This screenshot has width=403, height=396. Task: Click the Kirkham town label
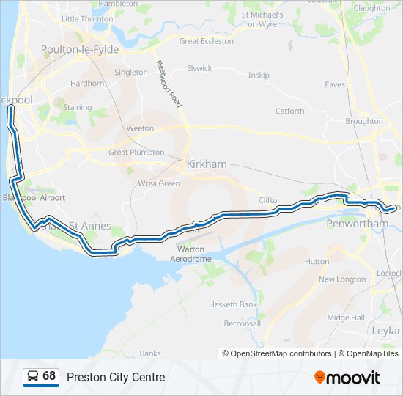click(x=207, y=164)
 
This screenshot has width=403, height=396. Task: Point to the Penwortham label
click(x=354, y=223)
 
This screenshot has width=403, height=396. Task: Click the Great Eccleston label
click(x=207, y=41)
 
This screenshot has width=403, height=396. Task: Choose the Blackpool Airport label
click(x=34, y=198)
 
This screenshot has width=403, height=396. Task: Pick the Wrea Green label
click(x=158, y=183)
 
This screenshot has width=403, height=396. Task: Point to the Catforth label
click(x=289, y=111)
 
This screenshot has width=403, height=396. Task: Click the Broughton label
click(x=364, y=121)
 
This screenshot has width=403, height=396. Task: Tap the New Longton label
click(x=341, y=279)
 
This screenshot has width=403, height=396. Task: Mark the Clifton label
click(x=270, y=199)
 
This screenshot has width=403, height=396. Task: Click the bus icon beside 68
click(x=33, y=376)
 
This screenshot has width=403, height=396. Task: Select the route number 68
click(x=49, y=376)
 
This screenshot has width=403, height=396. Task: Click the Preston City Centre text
click(x=116, y=377)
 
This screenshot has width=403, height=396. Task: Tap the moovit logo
click(x=347, y=377)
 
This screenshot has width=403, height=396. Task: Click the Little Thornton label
click(x=87, y=18)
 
